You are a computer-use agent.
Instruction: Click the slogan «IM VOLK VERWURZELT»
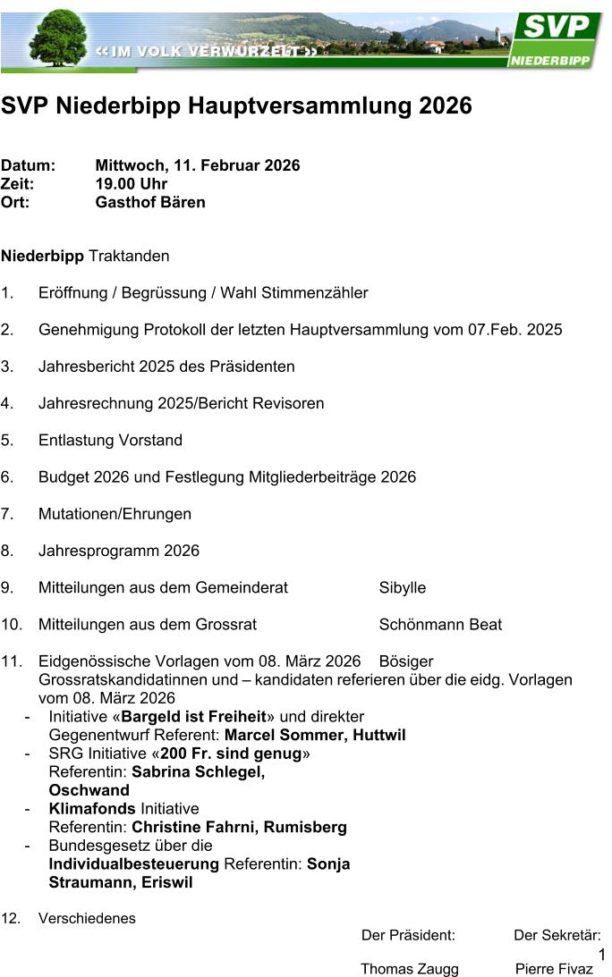207,52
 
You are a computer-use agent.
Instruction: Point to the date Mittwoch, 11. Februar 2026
198,165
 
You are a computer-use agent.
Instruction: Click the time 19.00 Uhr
132,184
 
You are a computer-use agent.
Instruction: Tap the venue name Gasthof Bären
150,202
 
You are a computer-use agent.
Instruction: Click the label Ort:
15,202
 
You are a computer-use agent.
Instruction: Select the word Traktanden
129,257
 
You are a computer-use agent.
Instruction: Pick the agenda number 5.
6,441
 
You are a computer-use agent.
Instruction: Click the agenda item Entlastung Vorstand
110,441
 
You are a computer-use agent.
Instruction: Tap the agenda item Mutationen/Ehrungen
115,514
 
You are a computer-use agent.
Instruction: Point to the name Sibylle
403,588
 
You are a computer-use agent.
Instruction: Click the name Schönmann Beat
440,625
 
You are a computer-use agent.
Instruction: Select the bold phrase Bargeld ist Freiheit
193,717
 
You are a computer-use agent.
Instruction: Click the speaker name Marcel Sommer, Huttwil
315,735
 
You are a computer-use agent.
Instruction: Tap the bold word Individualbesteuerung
133,863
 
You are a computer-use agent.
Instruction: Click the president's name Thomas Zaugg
410,969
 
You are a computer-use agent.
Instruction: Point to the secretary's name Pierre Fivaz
555,969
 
